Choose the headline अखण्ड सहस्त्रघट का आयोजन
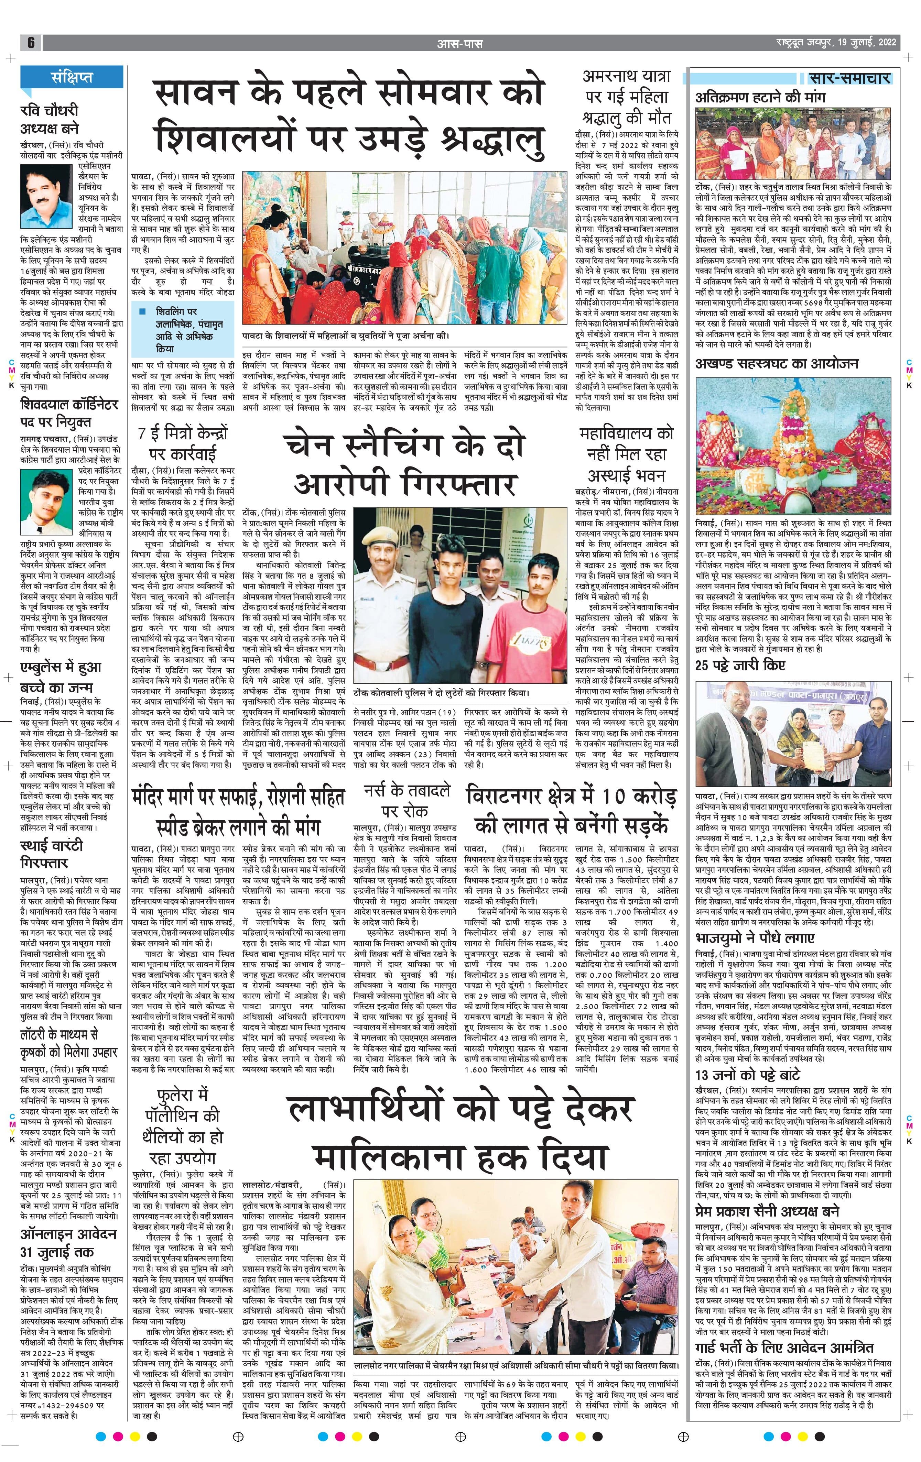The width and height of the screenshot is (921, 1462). coord(777,364)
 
